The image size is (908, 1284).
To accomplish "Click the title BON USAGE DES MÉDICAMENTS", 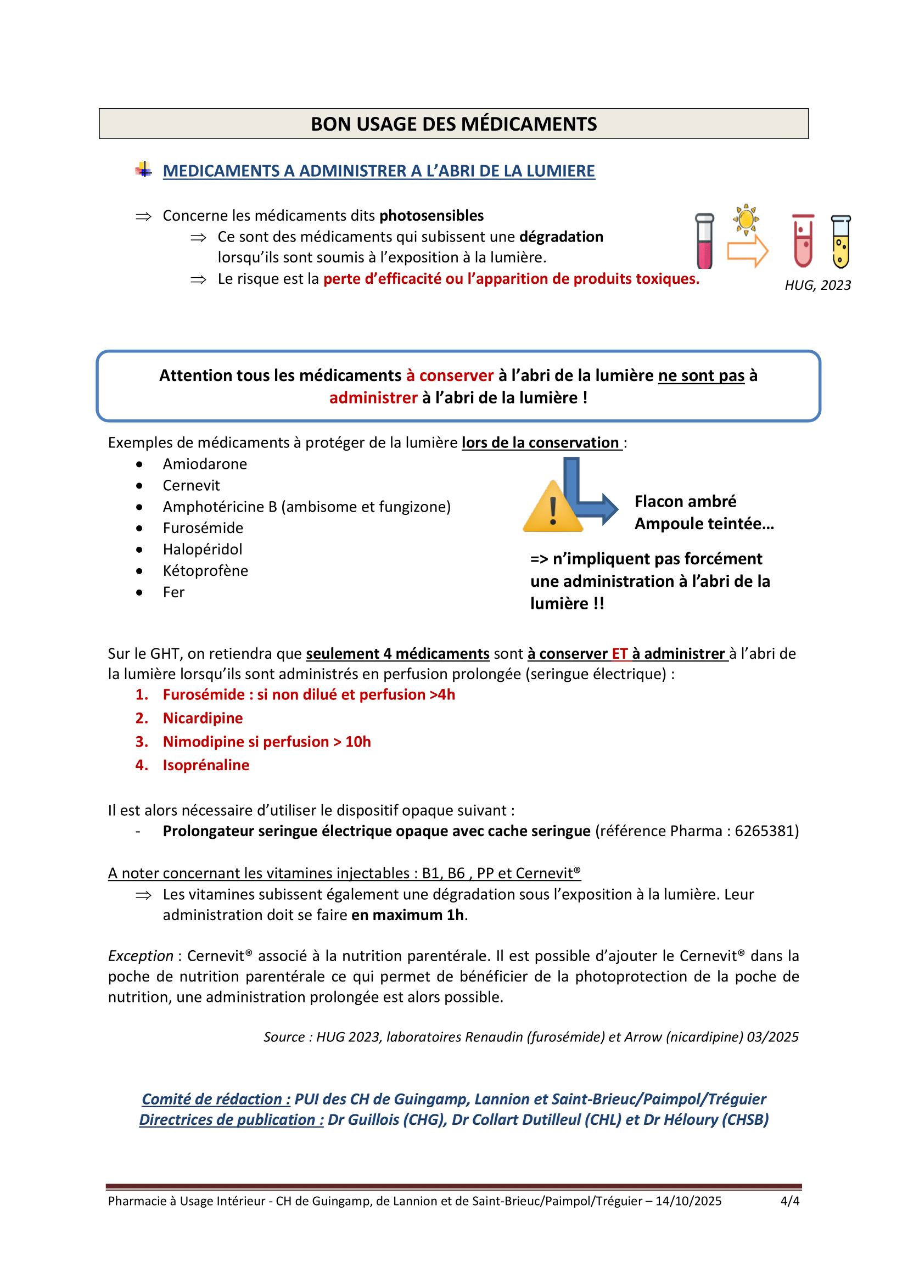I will [x=453, y=124].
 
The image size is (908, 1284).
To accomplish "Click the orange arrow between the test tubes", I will [x=748, y=250].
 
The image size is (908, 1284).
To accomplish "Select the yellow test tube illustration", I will [x=840, y=242].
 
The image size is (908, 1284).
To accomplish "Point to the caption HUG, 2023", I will [x=817, y=285].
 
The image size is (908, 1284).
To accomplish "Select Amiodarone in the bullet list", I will [x=205, y=464].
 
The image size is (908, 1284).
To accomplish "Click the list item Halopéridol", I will [x=203, y=549].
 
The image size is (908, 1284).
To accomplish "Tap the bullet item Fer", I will [x=173, y=592].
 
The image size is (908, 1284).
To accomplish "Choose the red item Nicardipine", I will [x=203, y=718].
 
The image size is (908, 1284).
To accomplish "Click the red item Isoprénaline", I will [x=206, y=765].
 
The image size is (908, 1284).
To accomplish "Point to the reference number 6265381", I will [x=766, y=831].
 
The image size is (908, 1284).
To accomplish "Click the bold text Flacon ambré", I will [x=685, y=501].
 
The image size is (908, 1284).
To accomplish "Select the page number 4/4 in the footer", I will [x=789, y=1201].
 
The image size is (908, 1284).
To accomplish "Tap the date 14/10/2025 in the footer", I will [x=688, y=1201].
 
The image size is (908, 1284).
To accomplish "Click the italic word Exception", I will [x=141, y=956].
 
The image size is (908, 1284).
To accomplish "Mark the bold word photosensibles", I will [x=431, y=216].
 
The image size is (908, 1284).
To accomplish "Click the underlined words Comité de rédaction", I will [x=216, y=1099].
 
